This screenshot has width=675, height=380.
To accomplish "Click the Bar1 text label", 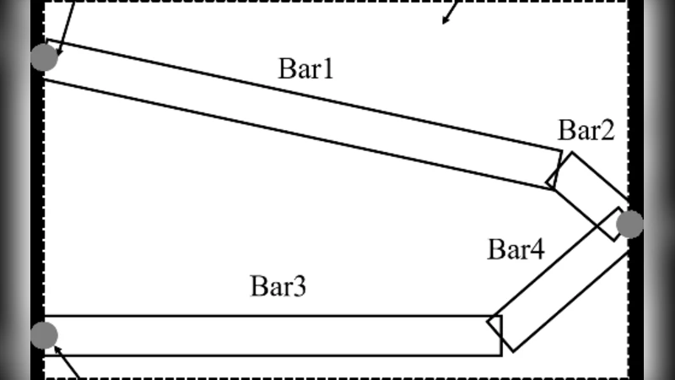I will click(305, 69).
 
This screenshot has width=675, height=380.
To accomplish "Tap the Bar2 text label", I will click(586, 131).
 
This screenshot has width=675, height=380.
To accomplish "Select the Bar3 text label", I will click(278, 286).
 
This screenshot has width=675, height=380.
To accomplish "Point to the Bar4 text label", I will click(516, 250).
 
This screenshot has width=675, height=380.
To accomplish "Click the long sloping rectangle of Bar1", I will click(295, 115).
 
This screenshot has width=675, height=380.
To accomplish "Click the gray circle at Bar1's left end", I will click(44, 57).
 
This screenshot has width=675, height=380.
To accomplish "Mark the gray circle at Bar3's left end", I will click(44, 335).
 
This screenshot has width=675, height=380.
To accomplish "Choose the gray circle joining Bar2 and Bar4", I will click(629, 225).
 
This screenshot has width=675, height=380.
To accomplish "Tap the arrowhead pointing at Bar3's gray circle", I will click(58, 347).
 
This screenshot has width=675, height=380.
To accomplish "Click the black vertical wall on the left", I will click(36, 194).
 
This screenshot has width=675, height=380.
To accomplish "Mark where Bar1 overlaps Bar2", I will click(553, 176).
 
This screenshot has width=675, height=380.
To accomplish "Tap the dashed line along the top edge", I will click(253, 2).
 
